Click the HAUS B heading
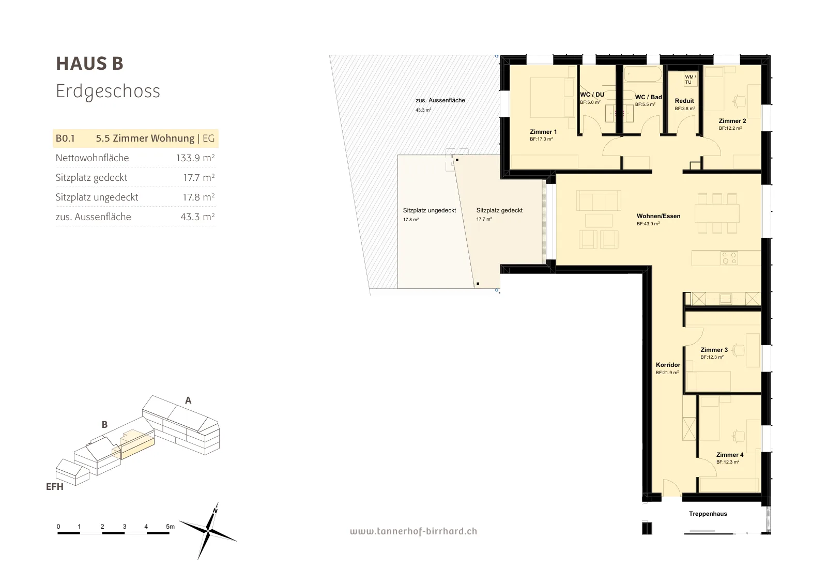(90, 64)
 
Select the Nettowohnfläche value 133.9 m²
(195, 158)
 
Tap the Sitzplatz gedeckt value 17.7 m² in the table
(198, 177)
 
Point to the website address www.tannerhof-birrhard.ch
(413, 531)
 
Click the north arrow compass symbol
(209, 531)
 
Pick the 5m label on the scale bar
(170, 526)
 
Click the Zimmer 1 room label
(543, 132)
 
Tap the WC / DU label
(592, 95)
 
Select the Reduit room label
(684, 101)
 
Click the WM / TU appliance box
(691, 79)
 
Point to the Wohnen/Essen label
(658, 216)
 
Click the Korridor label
(668, 365)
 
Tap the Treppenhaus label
(708, 513)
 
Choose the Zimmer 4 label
(729, 455)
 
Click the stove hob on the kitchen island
(729, 258)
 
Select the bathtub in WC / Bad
(643, 74)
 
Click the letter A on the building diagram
(188, 401)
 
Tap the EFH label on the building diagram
(55, 487)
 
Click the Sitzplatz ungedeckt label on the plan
(430, 210)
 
